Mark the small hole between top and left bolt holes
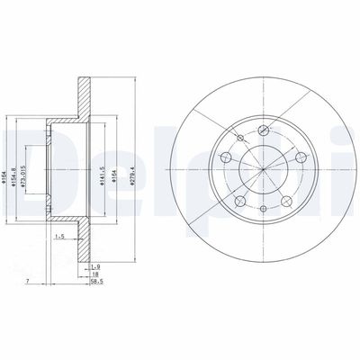pos(238,139)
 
